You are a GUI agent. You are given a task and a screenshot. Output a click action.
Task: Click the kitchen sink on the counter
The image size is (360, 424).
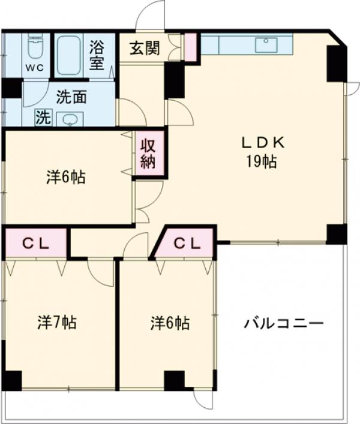point(265,44)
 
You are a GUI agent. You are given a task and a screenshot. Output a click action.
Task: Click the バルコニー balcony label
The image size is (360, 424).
point(283,324)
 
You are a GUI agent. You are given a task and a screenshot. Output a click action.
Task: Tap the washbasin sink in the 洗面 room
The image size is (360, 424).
point(71,119)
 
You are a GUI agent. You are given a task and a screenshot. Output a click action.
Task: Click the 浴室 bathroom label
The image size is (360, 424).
point(97,55)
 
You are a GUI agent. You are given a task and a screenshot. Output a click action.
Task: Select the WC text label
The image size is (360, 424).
point(32,67)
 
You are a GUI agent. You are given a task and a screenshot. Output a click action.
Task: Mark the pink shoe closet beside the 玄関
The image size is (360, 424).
point(190,48)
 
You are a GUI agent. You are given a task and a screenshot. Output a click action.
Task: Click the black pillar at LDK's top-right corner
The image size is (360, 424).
point(337,62)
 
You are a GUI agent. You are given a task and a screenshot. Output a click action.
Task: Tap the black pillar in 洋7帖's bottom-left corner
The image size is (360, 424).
point(11,380)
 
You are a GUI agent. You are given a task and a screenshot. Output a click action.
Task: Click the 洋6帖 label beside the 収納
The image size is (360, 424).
point(65,178)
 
